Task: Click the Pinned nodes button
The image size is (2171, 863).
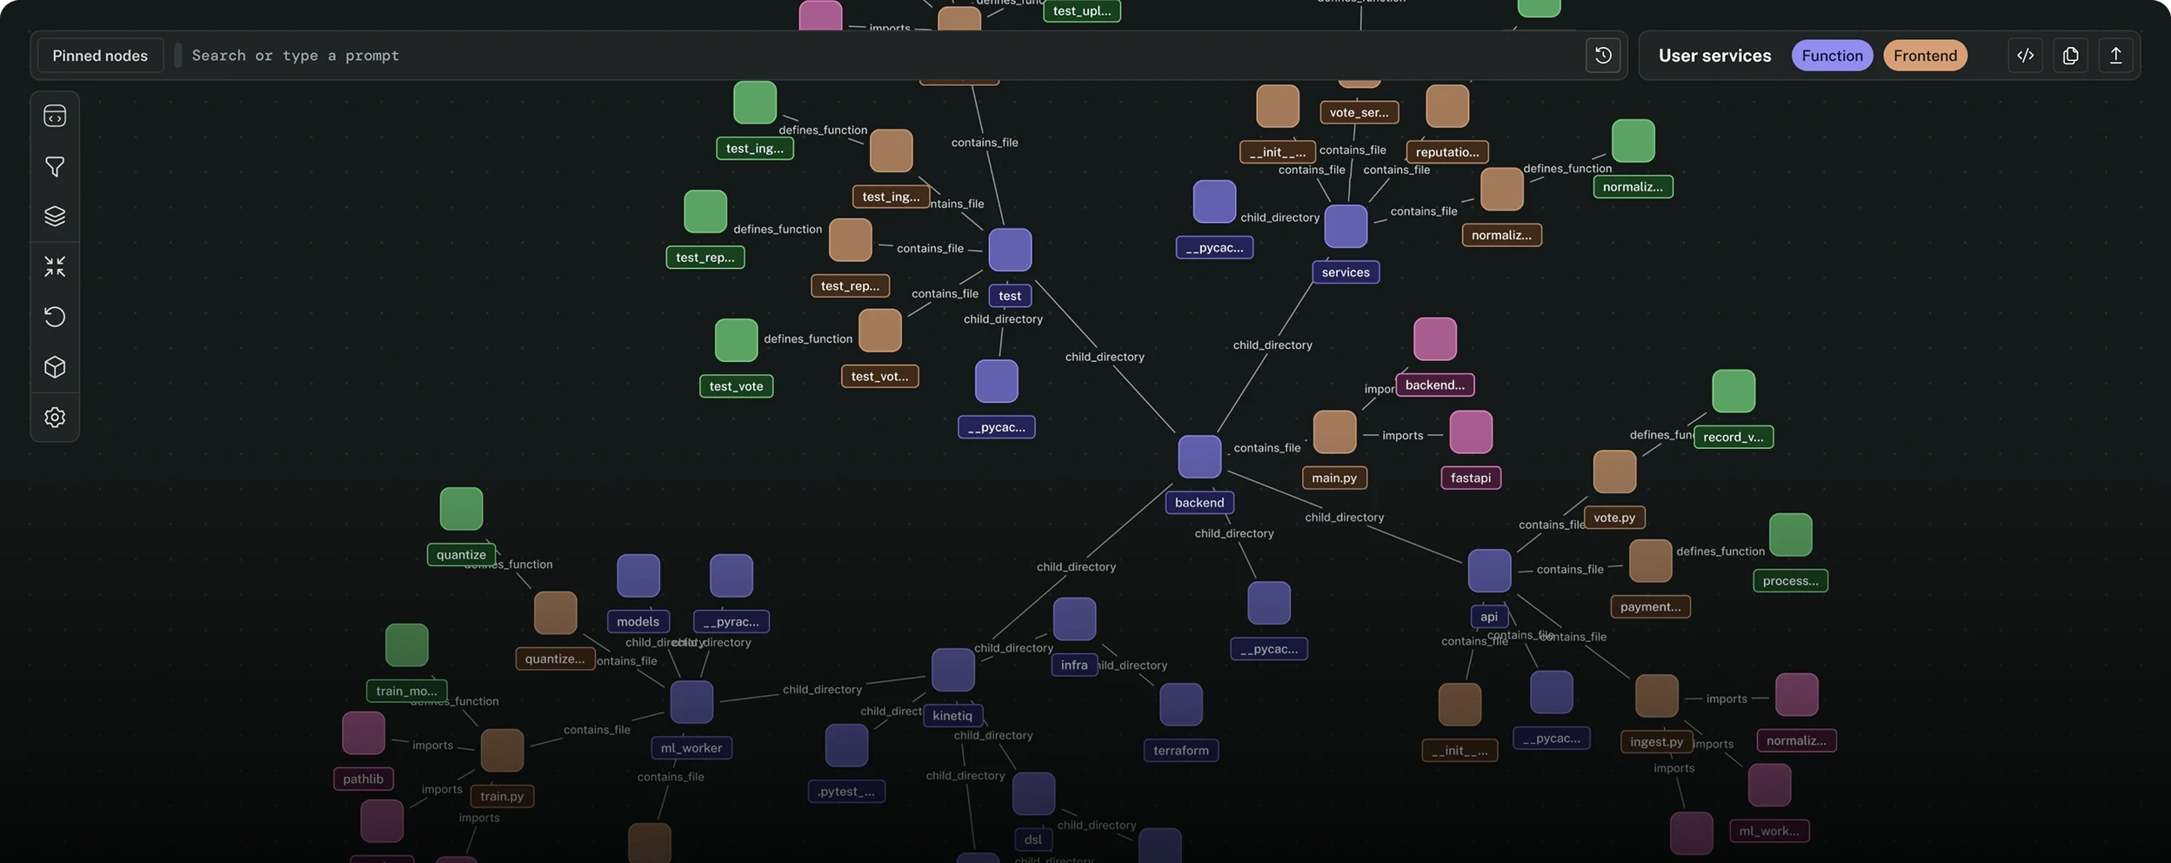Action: click(100, 56)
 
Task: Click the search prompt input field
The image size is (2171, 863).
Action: click(870, 56)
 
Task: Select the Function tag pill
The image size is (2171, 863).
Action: click(1832, 56)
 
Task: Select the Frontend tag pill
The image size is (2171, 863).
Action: click(1925, 56)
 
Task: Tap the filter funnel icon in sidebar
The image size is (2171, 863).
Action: click(55, 166)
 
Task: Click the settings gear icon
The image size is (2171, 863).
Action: click(55, 418)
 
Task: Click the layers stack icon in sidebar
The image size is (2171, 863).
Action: click(55, 216)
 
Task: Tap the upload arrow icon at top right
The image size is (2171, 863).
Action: click(2115, 56)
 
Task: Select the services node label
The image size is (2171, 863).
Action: click(1346, 272)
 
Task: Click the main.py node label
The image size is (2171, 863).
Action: click(1334, 478)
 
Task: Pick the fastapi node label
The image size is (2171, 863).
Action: click(1471, 478)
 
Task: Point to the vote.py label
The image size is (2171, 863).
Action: click(1614, 518)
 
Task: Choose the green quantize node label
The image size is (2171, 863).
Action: click(461, 555)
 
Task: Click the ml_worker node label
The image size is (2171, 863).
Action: click(691, 748)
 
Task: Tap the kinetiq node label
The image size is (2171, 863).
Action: click(952, 716)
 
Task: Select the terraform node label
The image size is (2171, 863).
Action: click(1181, 751)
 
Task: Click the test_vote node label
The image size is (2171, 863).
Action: click(736, 386)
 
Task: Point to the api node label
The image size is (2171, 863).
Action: click(1489, 617)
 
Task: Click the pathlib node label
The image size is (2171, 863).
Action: click(363, 779)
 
